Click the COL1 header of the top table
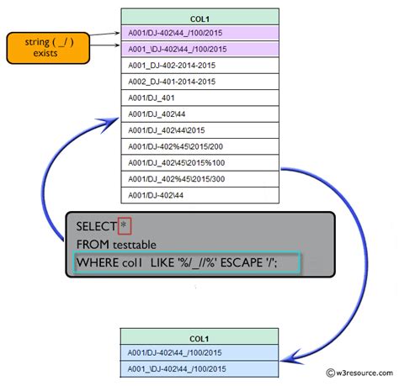(x=199, y=16)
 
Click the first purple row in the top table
(x=199, y=33)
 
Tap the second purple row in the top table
(x=199, y=49)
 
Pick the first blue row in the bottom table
(x=199, y=352)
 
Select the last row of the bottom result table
(x=199, y=368)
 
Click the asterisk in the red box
(x=125, y=226)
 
